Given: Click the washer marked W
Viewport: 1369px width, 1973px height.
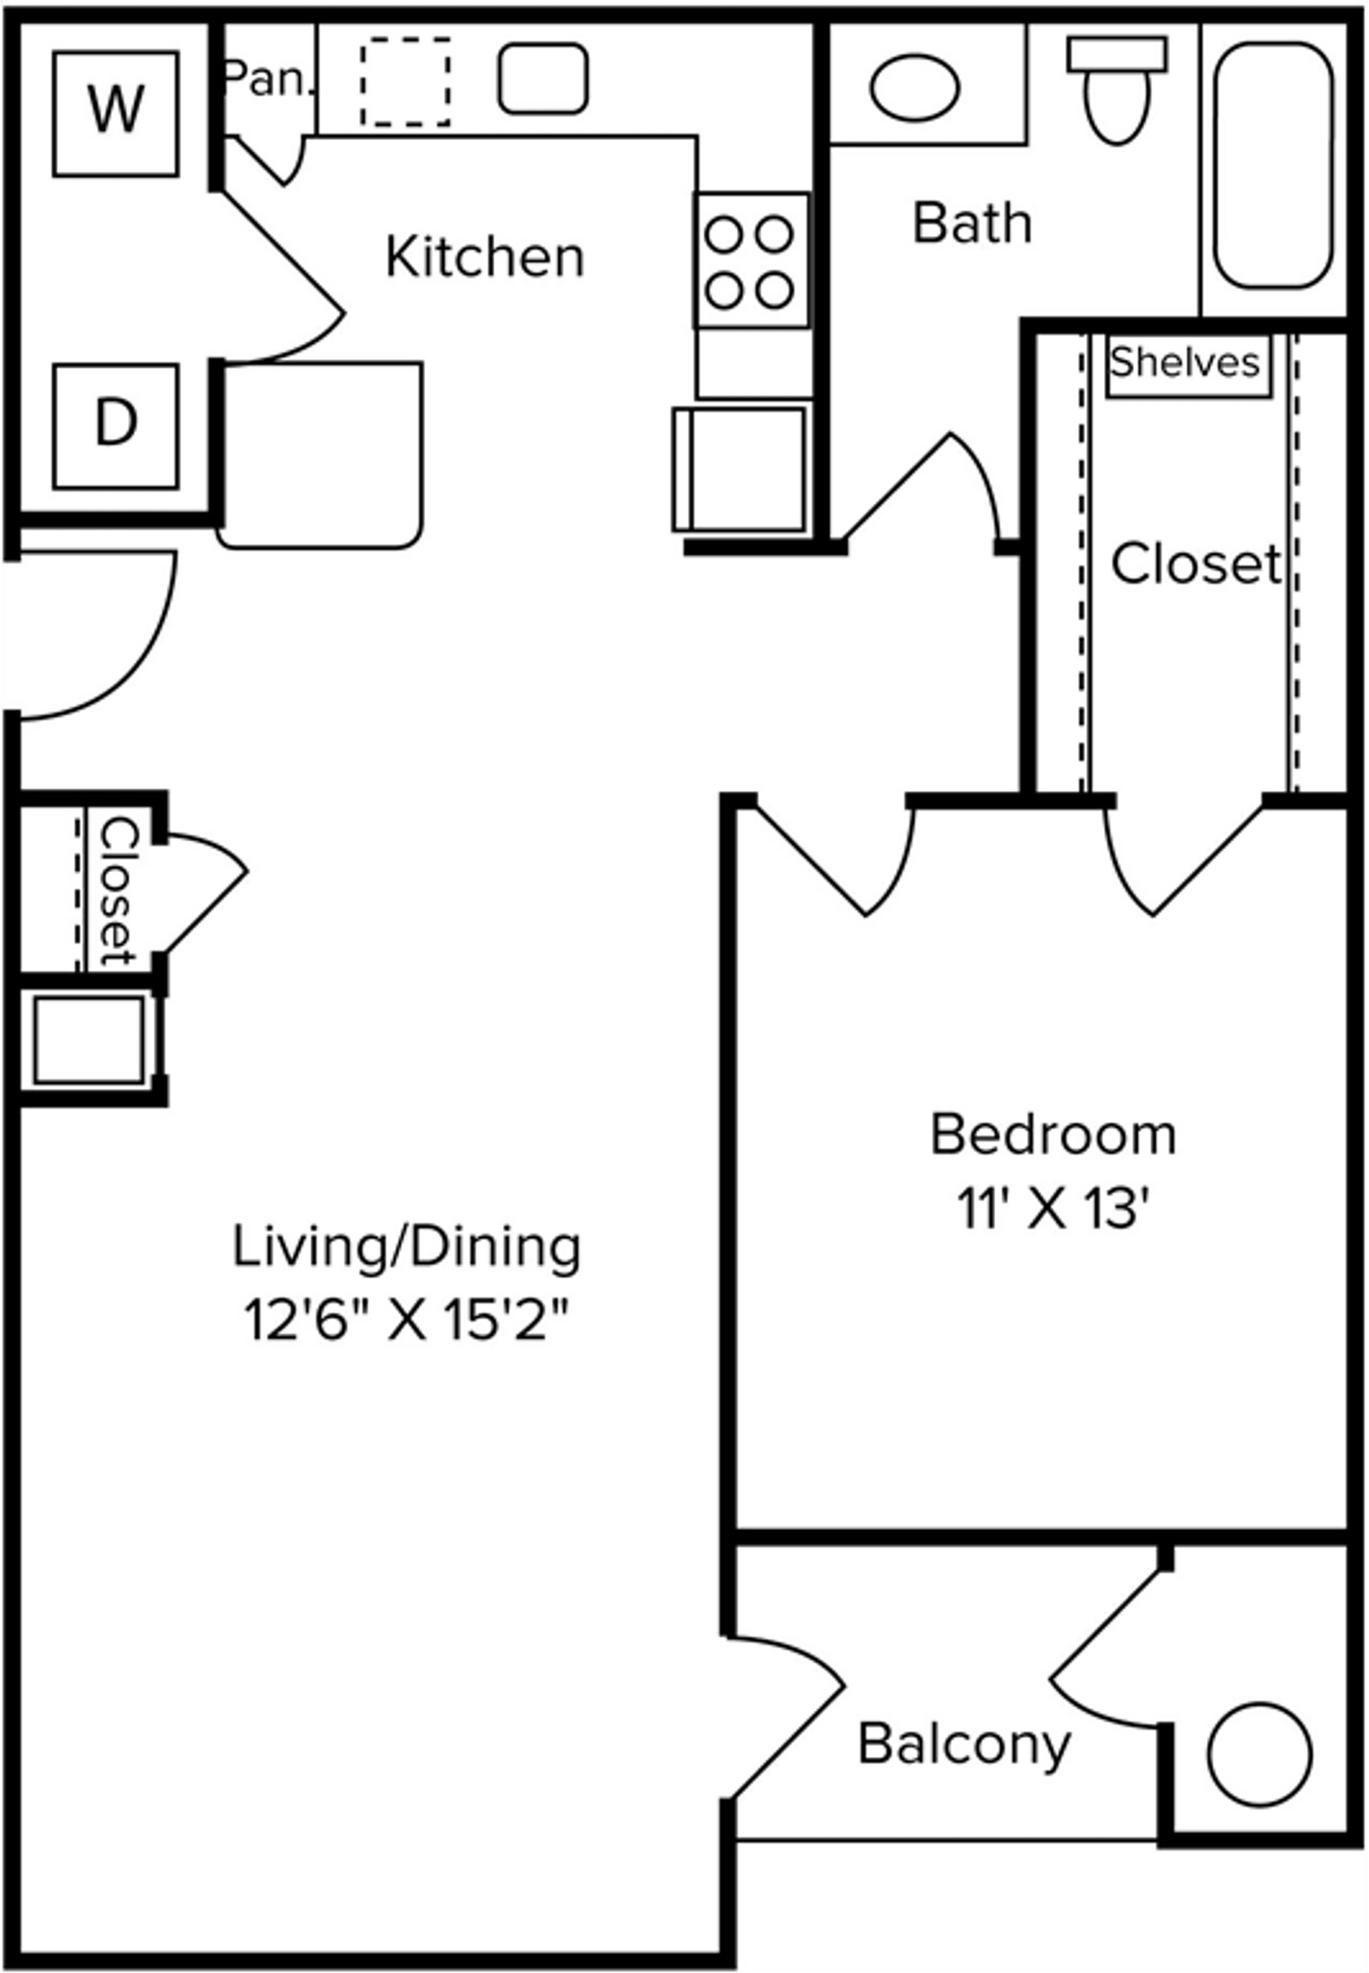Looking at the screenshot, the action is coord(116,114).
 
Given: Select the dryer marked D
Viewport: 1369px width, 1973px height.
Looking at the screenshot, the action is coord(116,426).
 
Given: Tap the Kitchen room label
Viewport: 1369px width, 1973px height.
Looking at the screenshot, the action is coord(485,257).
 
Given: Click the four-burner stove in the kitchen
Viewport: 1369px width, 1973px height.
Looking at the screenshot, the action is coord(751,260).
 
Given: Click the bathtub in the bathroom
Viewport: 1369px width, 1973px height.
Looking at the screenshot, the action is coord(1274,165).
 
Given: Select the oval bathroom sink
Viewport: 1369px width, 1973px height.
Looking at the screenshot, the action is coord(915,88).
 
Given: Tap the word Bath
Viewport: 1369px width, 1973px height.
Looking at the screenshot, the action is coord(972,224).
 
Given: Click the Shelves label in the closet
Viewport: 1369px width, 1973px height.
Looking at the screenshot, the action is coord(1185,362).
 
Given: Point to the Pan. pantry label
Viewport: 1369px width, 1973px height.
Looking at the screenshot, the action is coord(269,79).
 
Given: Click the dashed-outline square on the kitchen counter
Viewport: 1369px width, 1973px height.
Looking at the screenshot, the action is coord(406,82).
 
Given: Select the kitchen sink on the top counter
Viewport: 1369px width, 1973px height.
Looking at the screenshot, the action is coord(542,78).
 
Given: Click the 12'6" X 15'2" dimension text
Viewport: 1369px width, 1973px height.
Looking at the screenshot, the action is coord(407,1321).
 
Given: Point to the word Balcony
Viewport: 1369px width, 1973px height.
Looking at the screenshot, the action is coord(964,1745).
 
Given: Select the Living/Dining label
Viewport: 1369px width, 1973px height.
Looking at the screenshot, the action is coord(407,1248).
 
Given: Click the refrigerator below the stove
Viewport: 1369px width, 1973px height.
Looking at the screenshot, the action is coord(740,469).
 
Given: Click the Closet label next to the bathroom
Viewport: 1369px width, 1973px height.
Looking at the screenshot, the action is coord(1198,564).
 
